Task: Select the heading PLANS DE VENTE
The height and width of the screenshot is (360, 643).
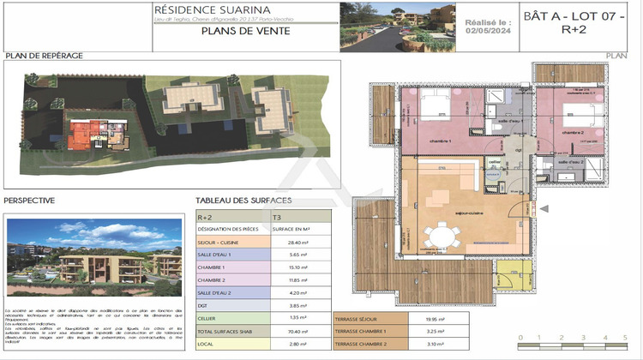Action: (244, 32)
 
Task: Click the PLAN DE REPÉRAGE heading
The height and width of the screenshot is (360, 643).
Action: (44, 55)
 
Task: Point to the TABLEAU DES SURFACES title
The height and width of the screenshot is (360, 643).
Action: (243, 201)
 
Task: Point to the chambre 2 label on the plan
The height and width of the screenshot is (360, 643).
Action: (573, 133)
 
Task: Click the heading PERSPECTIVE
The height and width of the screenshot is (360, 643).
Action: (30, 201)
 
